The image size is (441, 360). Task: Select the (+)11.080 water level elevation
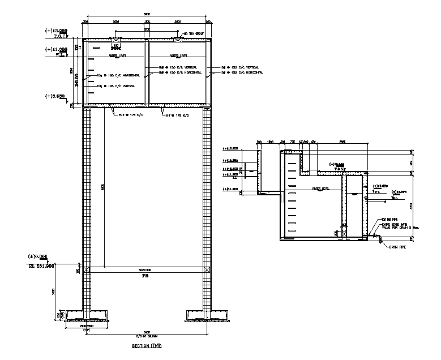[x=56, y=49]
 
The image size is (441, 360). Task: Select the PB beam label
[x=147, y=278]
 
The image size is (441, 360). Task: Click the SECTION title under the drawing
[x=147, y=345]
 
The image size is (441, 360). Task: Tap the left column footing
[x=86, y=314]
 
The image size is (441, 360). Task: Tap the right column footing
[x=207, y=314]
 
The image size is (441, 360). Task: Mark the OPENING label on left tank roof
[x=115, y=48]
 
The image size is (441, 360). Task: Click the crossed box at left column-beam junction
[x=87, y=271]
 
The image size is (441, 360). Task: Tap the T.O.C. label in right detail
[x=339, y=169]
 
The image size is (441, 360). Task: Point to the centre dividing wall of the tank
[x=147, y=72]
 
